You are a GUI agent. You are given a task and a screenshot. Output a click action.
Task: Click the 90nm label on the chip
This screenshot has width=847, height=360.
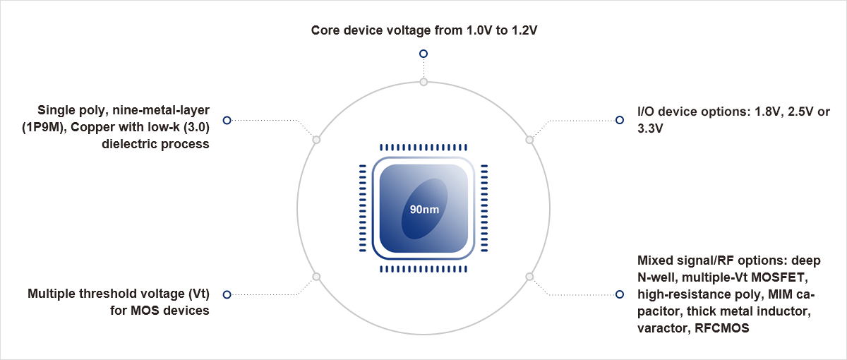tap(424, 210)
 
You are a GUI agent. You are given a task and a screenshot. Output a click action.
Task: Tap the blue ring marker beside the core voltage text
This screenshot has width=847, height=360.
tap(423, 54)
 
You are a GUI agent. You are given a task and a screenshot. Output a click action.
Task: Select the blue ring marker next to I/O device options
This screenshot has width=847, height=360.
tap(620, 120)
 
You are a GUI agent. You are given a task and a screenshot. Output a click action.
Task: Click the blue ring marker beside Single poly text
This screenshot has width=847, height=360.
tap(227, 121)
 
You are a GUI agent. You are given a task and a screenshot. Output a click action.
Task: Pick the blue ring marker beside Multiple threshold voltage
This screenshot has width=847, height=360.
tap(227, 294)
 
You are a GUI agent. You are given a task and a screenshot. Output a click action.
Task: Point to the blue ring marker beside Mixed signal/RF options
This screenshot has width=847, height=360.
tap(620, 294)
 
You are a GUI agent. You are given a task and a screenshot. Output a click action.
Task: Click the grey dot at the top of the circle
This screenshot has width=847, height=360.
tap(423, 82)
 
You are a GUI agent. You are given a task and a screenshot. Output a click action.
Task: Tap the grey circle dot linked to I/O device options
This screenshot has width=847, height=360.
tap(530, 140)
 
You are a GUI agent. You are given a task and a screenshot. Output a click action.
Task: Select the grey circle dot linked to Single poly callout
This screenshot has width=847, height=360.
tap(316, 140)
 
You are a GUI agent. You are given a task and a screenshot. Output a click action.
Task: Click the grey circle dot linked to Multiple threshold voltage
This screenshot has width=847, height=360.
tap(316, 277)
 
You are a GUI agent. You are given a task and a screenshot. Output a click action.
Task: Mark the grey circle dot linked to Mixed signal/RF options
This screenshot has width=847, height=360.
tap(530, 277)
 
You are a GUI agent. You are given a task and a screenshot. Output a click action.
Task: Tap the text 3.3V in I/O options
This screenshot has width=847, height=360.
tap(651, 129)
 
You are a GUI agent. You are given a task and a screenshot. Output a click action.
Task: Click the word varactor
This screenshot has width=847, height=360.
tap(660, 328)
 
